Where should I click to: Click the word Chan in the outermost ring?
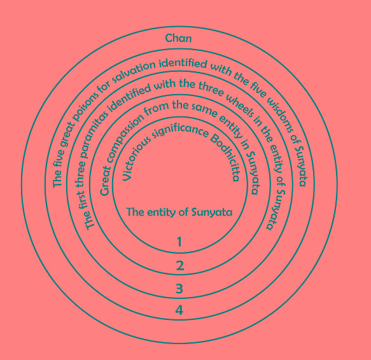[x=178, y=38]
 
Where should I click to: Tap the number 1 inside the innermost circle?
[x=179, y=242]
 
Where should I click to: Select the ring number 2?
[x=180, y=265]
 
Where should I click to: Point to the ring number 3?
[x=179, y=289]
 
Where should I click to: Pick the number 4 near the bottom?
[x=179, y=310]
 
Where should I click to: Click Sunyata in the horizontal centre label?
[x=211, y=212]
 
